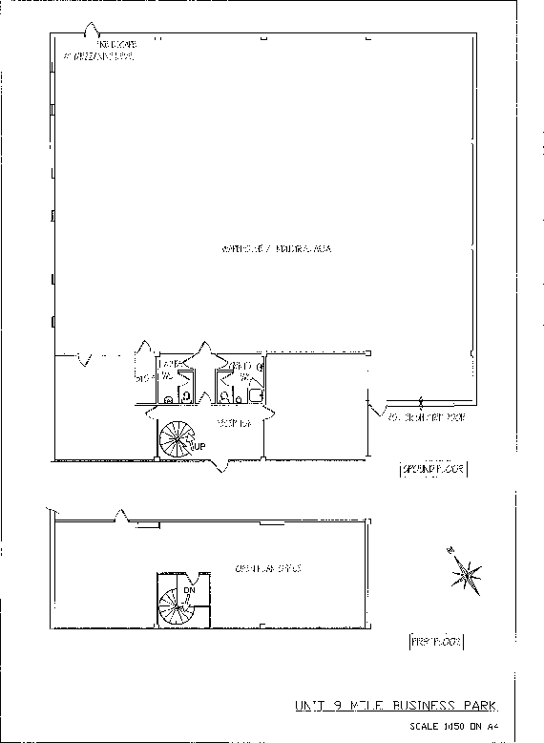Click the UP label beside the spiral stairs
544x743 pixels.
tap(198, 446)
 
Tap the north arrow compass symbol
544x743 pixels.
tap(466, 571)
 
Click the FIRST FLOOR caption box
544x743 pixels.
tap(435, 642)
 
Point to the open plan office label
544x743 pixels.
tap(268, 568)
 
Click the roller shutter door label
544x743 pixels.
tap(426, 418)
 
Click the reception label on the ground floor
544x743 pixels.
tap(234, 422)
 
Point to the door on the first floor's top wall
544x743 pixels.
tap(119, 517)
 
